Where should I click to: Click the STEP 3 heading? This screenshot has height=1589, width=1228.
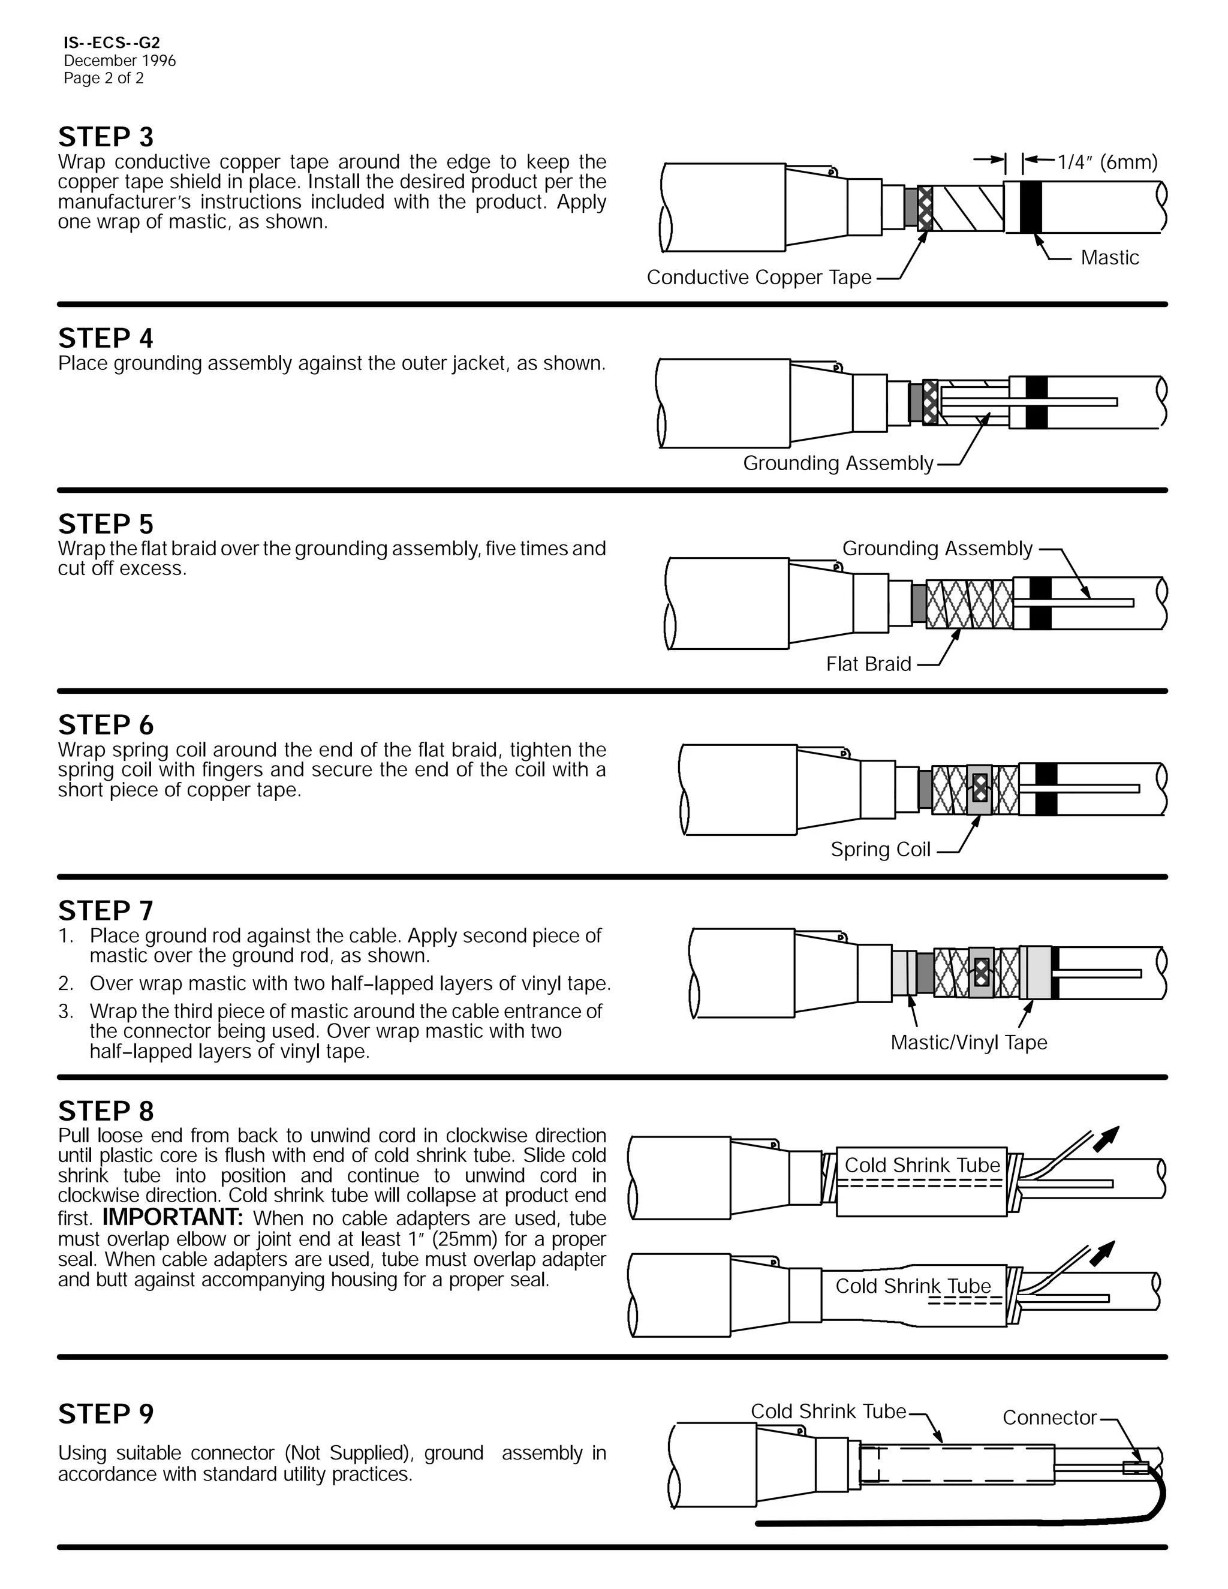click(x=106, y=137)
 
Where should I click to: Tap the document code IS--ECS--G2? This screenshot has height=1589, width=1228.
click(x=112, y=43)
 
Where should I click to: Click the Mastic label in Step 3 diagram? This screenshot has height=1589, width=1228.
click(x=1109, y=258)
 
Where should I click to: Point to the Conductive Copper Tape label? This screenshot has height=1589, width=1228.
click(x=759, y=277)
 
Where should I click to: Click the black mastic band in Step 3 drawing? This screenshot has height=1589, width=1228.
click(x=1030, y=207)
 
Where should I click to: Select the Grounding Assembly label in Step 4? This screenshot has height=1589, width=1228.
click(x=837, y=464)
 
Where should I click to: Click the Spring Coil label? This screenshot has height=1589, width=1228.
click(x=880, y=849)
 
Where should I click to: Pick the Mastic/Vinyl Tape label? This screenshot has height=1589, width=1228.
click(x=968, y=1043)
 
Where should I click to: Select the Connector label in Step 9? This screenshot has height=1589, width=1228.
click(x=1049, y=1418)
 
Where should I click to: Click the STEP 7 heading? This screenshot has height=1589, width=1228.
click(x=106, y=911)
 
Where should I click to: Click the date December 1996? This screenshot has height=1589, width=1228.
click(x=119, y=61)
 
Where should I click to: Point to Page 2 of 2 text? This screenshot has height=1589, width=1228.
click(x=103, y=79)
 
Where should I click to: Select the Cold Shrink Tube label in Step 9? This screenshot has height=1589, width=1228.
click(x=828, y=1412)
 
